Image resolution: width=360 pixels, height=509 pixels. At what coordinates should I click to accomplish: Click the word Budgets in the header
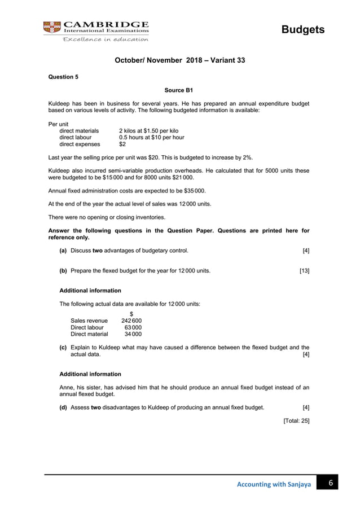303,29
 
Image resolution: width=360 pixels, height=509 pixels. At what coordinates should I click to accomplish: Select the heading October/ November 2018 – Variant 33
179,59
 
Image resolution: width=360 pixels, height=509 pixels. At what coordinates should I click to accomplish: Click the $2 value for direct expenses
123,144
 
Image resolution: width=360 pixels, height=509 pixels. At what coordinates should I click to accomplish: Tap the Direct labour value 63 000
133,327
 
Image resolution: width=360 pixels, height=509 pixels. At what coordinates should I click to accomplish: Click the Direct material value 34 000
133,334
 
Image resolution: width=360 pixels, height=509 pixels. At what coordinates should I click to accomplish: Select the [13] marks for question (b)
304,271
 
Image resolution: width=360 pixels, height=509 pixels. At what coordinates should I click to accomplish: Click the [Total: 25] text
296,420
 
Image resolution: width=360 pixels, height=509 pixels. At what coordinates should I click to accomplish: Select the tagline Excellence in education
106,40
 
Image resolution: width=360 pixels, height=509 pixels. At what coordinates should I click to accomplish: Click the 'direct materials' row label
79,130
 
